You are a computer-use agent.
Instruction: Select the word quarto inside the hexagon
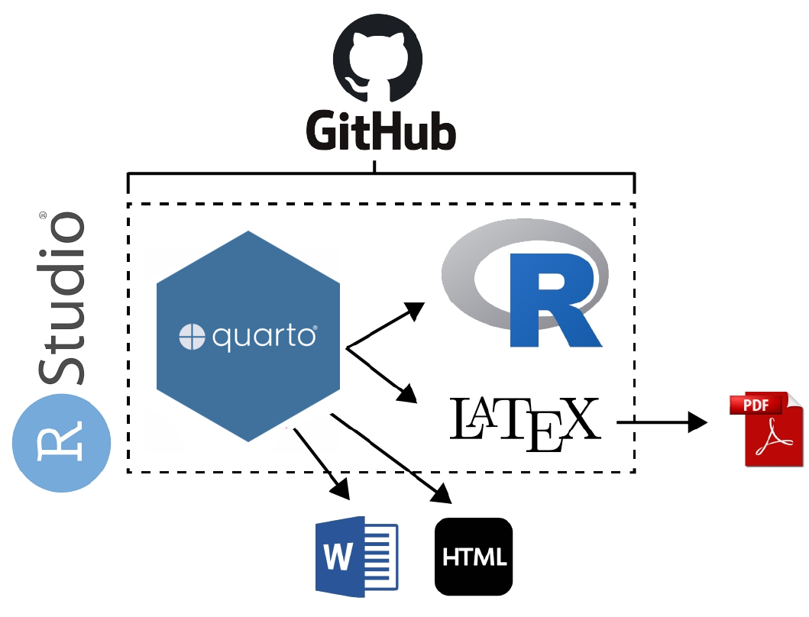(264, 337)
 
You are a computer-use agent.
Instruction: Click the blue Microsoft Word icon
(357, 555)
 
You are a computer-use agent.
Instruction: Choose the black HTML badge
(474, 556)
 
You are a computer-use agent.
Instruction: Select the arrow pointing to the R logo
(386, 325)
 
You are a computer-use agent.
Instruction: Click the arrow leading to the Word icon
(322, 463)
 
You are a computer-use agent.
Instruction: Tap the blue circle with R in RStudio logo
(62, 443)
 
